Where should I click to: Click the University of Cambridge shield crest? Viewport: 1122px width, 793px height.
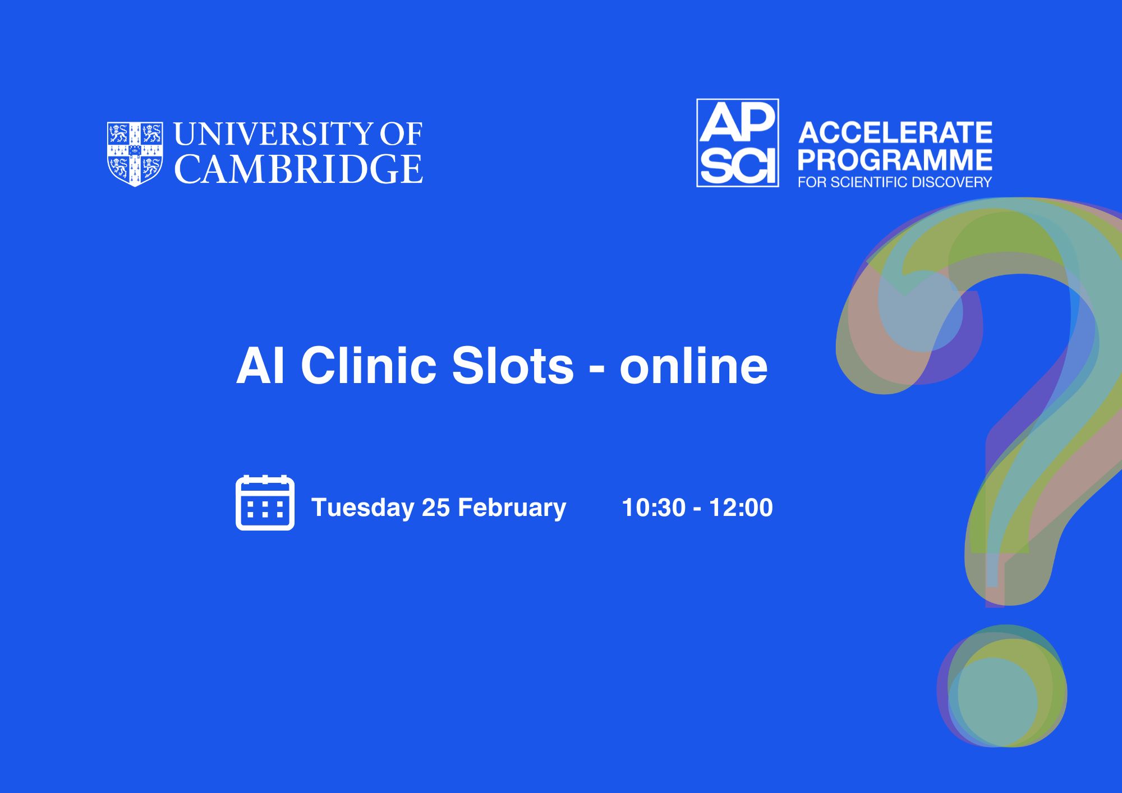(x=135, y=154)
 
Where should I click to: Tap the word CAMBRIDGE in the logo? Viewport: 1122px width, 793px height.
(x=298, y=169)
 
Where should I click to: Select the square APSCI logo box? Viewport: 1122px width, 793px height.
(x=737, y=142)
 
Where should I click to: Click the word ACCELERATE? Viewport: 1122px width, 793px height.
(x=895, y=133)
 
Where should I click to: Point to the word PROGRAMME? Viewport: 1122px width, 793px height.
(x=895, y=160)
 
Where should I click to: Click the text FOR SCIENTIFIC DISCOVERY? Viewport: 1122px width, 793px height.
(x=895, y=182)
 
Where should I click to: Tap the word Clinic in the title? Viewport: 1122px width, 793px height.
(x=369, y=366)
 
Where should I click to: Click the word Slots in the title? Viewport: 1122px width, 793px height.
(x=513, y=366)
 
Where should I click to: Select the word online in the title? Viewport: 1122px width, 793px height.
(x=693, y=366)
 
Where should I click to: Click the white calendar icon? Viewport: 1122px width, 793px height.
(x=265, y=502)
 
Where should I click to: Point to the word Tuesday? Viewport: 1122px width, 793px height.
(x=362, y=508)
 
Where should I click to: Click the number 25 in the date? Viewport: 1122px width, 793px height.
(x=436, y=508)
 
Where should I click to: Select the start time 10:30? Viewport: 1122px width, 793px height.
(x=654, y=508)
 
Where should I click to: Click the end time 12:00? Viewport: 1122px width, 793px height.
(x=741, y=508)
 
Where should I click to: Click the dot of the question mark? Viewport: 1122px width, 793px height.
(x=1002, y=686)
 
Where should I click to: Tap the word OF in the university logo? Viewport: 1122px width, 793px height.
(x=401, y=134)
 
